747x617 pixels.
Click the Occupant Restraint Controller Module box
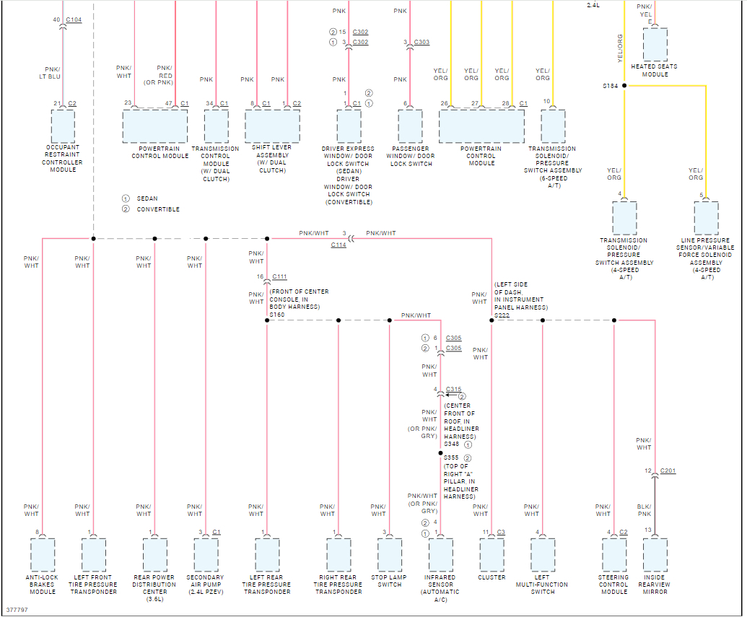[63, 126]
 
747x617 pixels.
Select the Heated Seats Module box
[655, 45]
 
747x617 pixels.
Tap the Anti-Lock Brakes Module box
[43, 554]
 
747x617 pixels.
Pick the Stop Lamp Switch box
[390, 554]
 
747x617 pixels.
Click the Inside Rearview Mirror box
[655, 554]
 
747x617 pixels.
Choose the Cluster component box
[492, 554]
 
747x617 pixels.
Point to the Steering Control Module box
[614, 554]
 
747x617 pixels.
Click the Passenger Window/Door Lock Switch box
[410, 126]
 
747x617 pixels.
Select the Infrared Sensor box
[441, 554]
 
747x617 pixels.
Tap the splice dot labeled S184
[624, 86]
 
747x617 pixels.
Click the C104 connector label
[74, 20]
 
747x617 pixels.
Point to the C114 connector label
[338, 245]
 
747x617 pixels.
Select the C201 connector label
[668, 471]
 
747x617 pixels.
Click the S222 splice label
[502, 315]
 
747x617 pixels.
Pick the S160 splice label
[277, 315]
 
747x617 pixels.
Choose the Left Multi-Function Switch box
[542, 554]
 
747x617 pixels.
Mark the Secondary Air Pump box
[206, 554]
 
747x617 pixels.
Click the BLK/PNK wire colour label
[645, 511]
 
